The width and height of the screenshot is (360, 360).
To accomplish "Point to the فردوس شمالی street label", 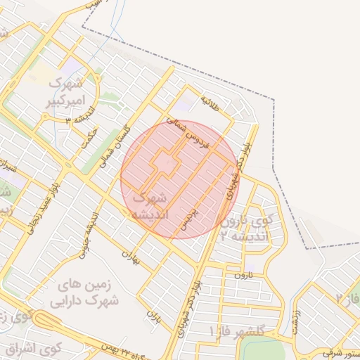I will point(193,134).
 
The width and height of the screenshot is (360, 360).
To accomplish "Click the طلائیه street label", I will point(210,103).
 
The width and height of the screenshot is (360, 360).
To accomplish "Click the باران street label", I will point(153,321).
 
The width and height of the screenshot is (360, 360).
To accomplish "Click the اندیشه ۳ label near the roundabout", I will point(75,120).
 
